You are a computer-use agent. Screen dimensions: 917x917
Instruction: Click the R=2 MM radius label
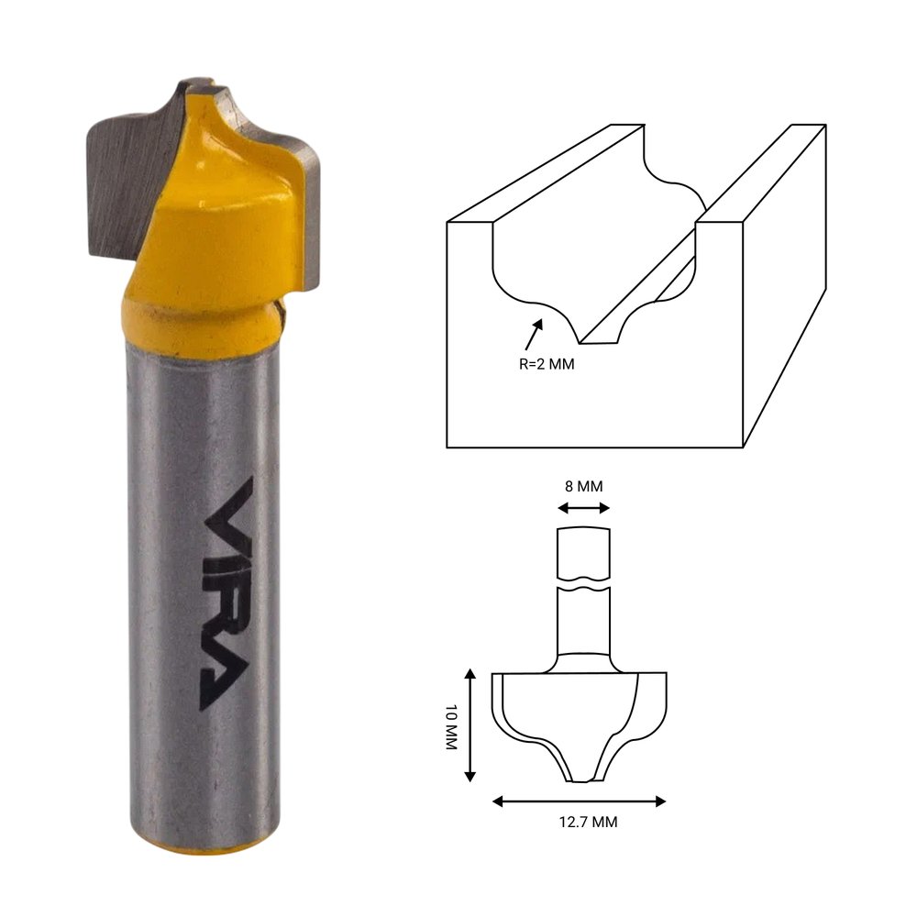coord(547,364)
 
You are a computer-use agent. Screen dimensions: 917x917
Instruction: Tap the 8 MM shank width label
coord(583,486)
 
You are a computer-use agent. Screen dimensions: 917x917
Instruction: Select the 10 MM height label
coord(451,727)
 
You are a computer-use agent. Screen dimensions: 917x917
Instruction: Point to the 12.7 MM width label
coord(588,822)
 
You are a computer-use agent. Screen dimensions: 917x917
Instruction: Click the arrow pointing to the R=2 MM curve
coord(534,335)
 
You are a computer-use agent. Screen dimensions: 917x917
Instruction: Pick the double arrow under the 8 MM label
coord(583,508)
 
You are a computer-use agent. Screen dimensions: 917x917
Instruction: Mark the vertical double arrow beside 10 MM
coord(470,725)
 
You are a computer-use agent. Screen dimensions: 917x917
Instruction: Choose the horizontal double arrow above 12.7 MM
coord(579,801)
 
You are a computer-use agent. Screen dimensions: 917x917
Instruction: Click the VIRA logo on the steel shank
coord(226,593)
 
